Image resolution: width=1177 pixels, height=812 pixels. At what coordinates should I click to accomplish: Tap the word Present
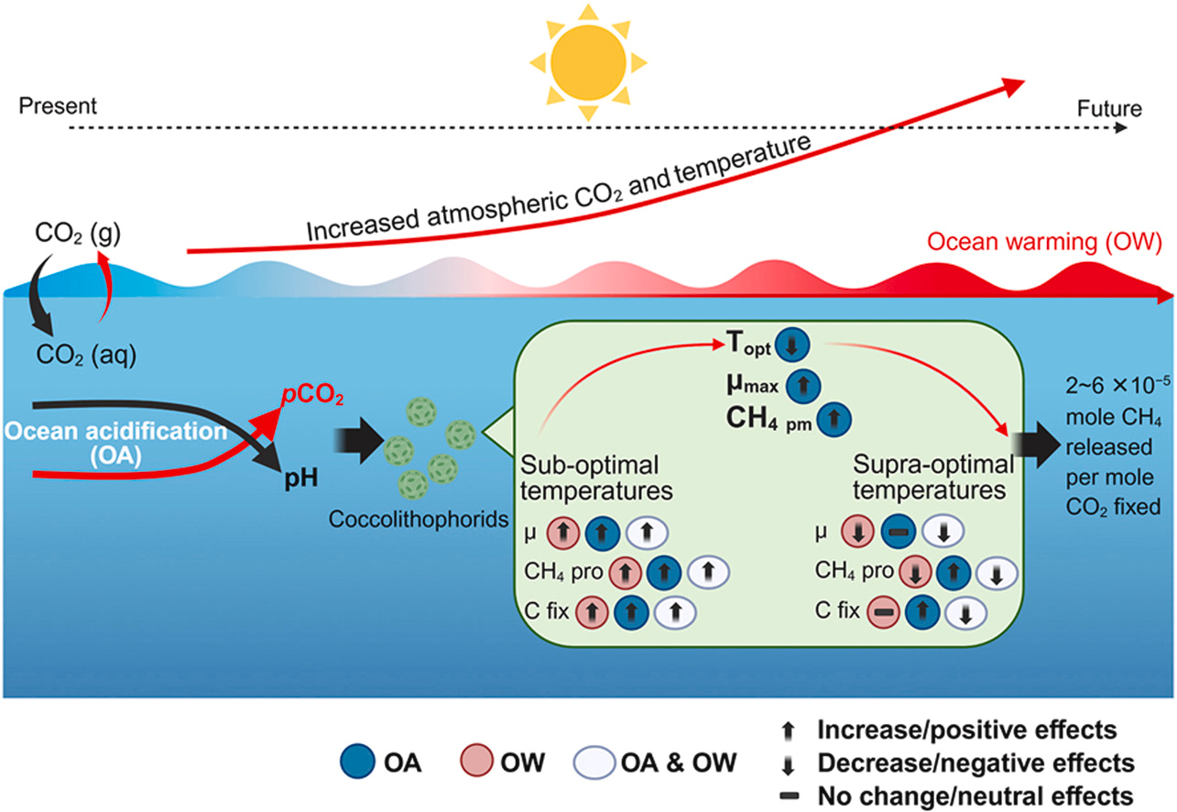(x=57, y=107)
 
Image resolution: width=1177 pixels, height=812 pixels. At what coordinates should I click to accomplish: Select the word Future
(x=1110, y=109)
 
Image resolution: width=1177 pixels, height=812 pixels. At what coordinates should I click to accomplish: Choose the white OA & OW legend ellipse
(x=598, y=762)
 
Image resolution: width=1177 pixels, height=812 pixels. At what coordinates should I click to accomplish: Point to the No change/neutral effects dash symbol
(x=788, y=795)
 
